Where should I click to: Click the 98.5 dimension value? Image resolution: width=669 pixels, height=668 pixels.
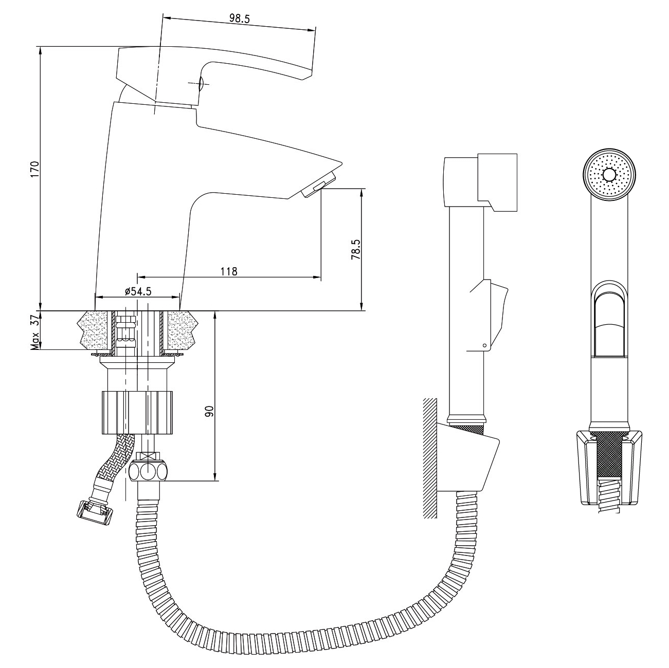tap(239, 18)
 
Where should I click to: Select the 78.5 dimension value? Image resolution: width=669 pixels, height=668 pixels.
tap(356, 250)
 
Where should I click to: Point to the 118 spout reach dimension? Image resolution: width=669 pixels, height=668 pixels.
tap(229, 271)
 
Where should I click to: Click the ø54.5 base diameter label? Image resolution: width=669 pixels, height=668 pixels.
tap(138, 291)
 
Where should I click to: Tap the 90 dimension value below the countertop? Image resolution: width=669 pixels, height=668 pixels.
tap(209, 411)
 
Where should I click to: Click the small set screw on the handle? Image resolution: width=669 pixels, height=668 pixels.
tap(201, 83)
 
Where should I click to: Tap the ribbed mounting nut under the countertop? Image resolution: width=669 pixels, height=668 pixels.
tap(137, 412)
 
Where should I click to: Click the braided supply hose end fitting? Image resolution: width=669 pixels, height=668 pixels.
tap(95, 513)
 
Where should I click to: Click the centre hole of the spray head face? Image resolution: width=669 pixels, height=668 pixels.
tap(609, 175)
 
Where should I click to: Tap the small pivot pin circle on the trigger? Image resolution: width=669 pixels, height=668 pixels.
tap(485, 345)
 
